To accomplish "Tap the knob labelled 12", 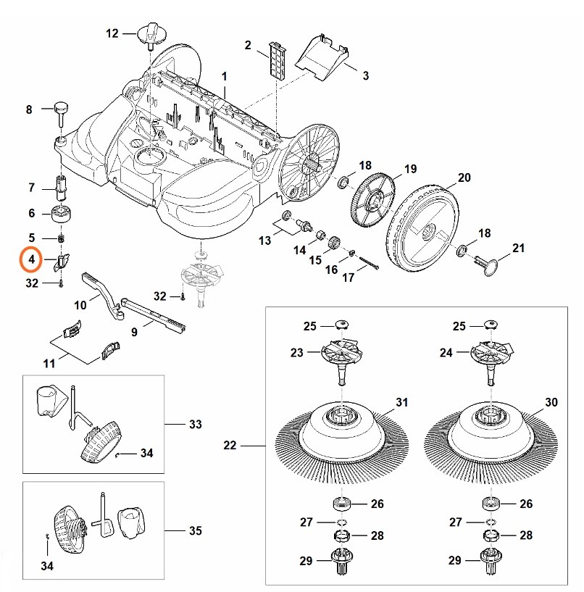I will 149,32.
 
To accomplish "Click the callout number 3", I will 365,75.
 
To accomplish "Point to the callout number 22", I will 230,446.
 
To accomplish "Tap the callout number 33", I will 194,424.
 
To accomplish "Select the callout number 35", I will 194,531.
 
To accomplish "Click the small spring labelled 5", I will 62,238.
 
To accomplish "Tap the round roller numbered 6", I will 61,214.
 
